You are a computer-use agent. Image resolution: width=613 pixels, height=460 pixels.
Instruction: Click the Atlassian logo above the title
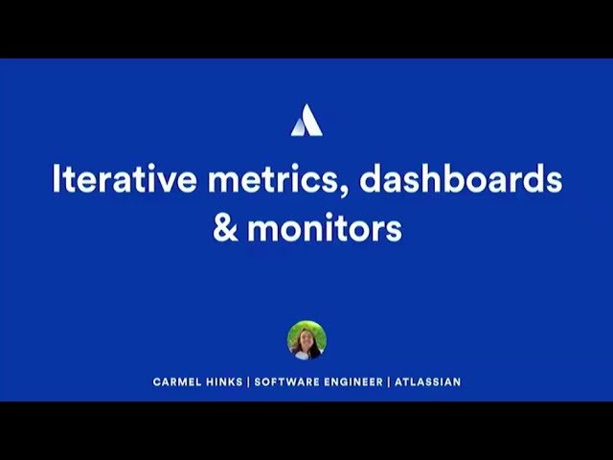point(306,120)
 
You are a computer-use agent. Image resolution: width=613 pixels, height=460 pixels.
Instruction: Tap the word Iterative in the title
point(112,181)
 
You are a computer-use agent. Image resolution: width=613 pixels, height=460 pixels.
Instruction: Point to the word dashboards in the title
point(462,181)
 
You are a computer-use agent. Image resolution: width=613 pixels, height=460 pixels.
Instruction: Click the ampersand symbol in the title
point(225,231)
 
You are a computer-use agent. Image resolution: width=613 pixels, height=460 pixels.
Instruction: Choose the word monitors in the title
point(324,231)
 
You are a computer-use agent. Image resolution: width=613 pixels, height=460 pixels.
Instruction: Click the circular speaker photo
point(306,340)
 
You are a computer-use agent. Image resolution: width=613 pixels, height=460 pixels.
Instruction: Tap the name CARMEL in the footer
point(177,381)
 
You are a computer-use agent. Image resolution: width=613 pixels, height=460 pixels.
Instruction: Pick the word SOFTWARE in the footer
point(286,381)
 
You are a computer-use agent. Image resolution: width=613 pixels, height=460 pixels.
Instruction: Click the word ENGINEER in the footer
point(353,381)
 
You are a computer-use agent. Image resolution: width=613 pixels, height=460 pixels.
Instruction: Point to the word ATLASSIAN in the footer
point(428,381)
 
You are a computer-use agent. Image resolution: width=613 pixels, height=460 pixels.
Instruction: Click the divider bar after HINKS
point(248,381)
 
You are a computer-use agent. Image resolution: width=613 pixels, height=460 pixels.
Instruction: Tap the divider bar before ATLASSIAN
point(389,381)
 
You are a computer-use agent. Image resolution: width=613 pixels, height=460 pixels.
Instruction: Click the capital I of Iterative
point(56,180)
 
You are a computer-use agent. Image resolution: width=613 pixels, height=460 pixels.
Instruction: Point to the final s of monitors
point(394,233)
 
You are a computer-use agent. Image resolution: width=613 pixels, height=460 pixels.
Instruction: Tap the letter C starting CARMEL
point(156,381)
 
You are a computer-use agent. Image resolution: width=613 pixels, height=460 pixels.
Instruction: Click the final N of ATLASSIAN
point(457,381)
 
